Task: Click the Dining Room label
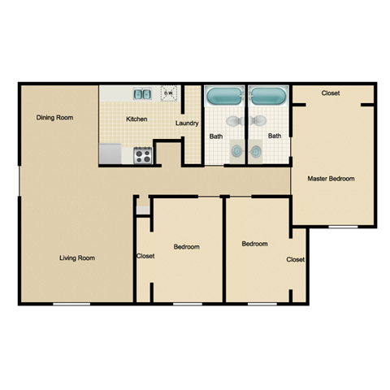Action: [x=55, y=118]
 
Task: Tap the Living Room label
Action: [x=77, y=258]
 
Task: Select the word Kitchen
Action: [x=136, y=119]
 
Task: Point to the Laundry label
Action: [x=187, y=123]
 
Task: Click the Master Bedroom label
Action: [x=331, y=178]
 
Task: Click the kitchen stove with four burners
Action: [x=142, y=154]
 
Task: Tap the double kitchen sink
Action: [x=142, y=94]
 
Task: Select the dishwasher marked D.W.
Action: [x=169, y=93]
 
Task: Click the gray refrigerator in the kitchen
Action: [x=110, y=154]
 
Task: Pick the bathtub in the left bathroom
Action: [x=225, y=97]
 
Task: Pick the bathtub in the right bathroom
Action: [x=267, y=97]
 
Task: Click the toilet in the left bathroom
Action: [x=233, y=121]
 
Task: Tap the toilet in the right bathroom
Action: [x=260, y=121]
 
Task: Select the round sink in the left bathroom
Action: [x=236, y=151]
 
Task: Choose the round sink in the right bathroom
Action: [x=257, y=151]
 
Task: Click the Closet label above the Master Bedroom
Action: [x=331, y=93]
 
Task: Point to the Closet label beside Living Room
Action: [x=145, y=256]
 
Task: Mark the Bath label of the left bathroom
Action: [x=215, y=136]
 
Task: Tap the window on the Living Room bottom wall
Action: [x=71, y=304]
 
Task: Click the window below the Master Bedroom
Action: [x=342, y=226]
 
